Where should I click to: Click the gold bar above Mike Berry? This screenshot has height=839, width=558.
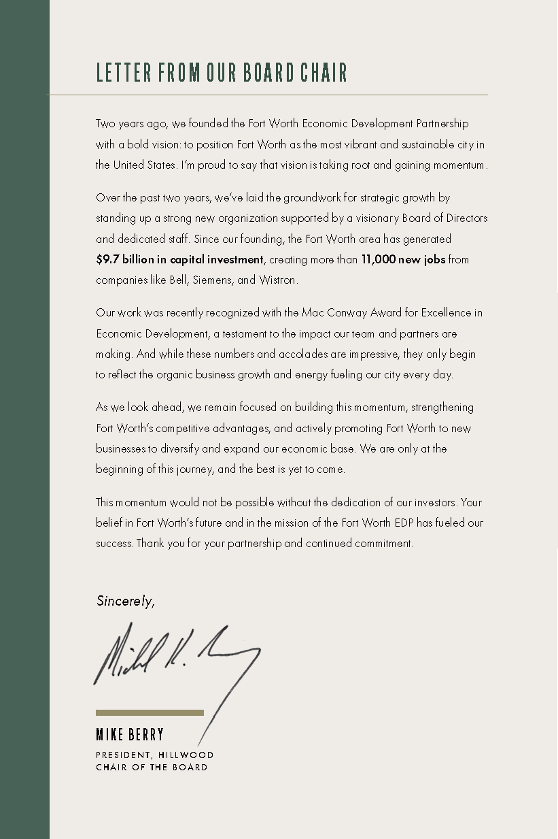(x=150, y=712)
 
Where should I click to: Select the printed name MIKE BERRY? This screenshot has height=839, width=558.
(x=130, y=735)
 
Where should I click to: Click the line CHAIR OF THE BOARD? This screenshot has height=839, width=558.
(x=152, y=768)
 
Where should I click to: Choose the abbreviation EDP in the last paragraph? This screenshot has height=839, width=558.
(x=423, y=523)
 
